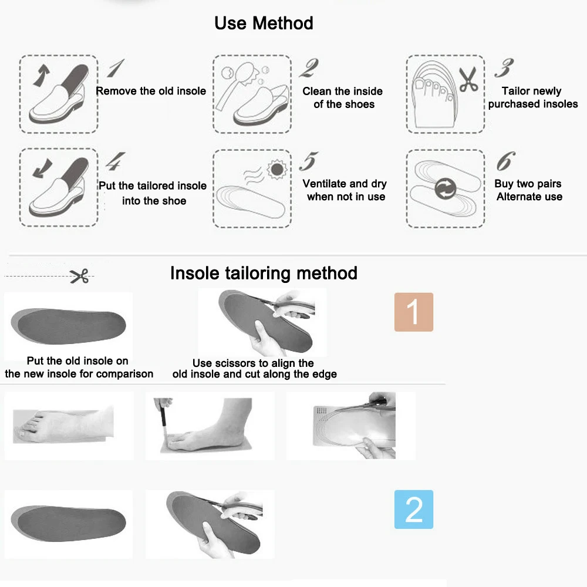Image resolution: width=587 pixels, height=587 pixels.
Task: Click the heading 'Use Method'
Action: tap(264, 23)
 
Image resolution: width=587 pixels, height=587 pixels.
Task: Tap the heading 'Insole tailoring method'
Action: tap(264, 273)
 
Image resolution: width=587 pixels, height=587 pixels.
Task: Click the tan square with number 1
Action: tap(414, 312)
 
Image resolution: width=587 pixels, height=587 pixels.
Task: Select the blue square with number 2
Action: tap(414, 510)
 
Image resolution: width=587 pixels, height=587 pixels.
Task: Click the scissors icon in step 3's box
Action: tap(468, 79)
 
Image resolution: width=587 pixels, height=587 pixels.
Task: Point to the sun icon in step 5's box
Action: tap(277, 169)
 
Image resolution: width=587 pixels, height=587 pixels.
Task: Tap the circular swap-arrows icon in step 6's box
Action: tap(446, 188)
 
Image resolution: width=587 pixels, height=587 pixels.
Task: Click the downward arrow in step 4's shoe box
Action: tap(42, 168)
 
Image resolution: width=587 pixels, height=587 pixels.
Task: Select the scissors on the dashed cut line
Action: tap(79, 276)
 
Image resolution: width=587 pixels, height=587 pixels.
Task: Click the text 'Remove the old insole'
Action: tap(151, 91)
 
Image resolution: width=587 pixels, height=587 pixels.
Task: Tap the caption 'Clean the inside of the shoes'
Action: tap(343, 97)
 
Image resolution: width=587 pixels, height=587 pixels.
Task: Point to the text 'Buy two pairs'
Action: tap(528, 184)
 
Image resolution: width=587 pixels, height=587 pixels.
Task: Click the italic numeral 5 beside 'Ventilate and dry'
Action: tap(309, 161)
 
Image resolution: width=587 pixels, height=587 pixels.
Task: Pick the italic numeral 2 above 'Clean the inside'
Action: tap(309, 68)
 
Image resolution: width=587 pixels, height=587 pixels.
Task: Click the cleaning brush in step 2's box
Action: tap(236, 84)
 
